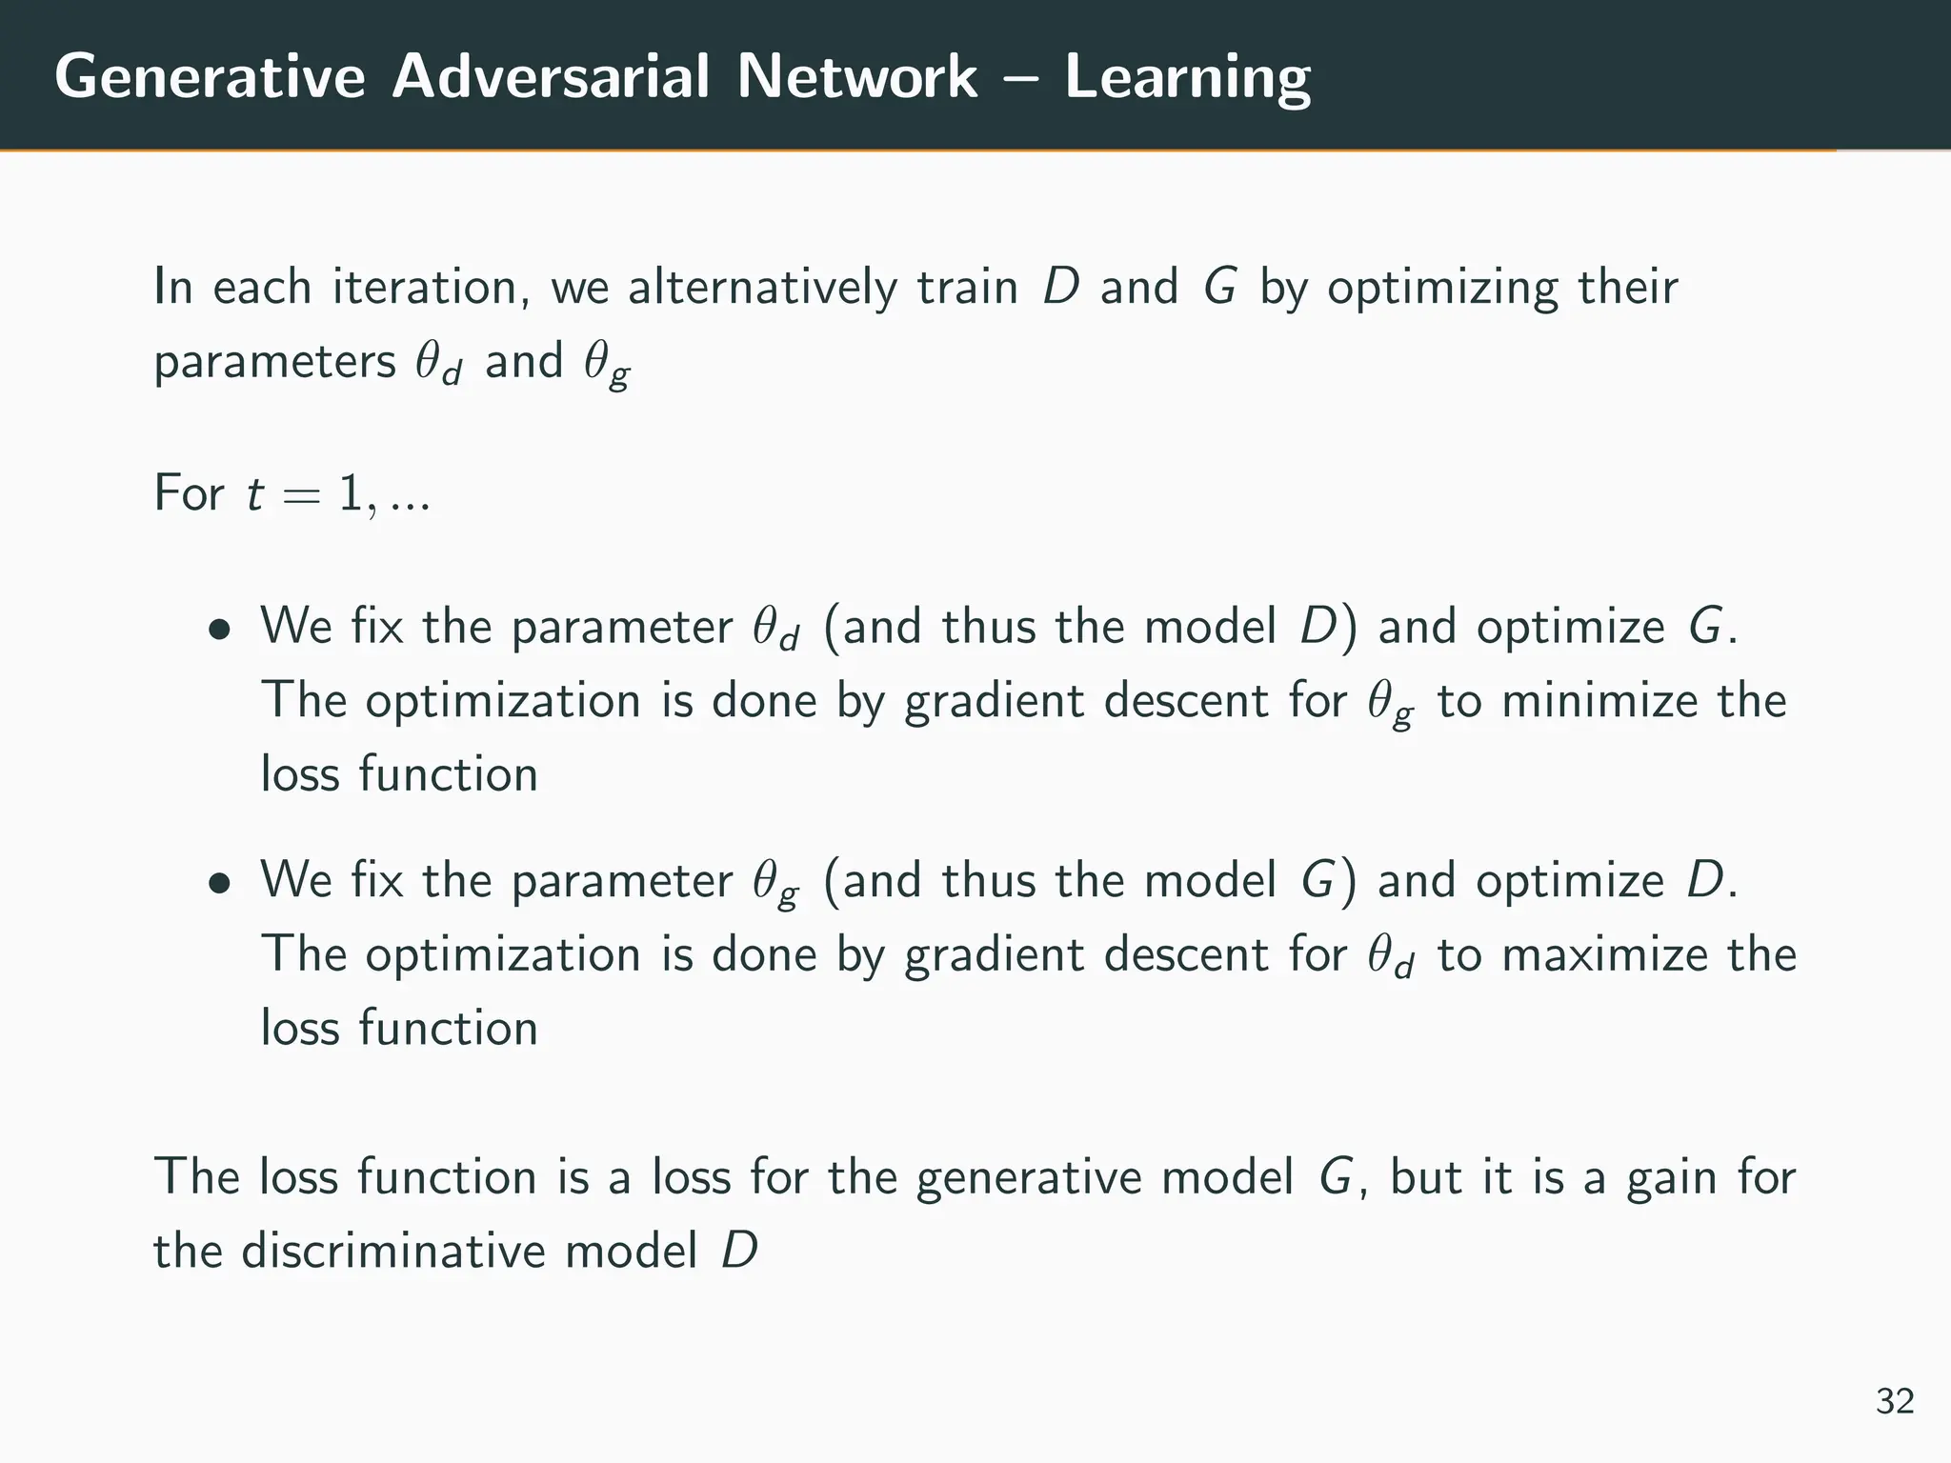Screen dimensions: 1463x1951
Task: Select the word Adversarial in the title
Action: [552, 77]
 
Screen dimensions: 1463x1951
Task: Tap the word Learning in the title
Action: [1187, 77]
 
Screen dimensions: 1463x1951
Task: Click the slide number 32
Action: [1895, 1401]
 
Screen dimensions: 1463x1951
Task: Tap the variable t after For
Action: [254, 494]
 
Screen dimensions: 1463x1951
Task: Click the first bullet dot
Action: [220, 630]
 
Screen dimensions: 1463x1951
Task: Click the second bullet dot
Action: [220, 883]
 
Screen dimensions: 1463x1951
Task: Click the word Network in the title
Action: [856, 77]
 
